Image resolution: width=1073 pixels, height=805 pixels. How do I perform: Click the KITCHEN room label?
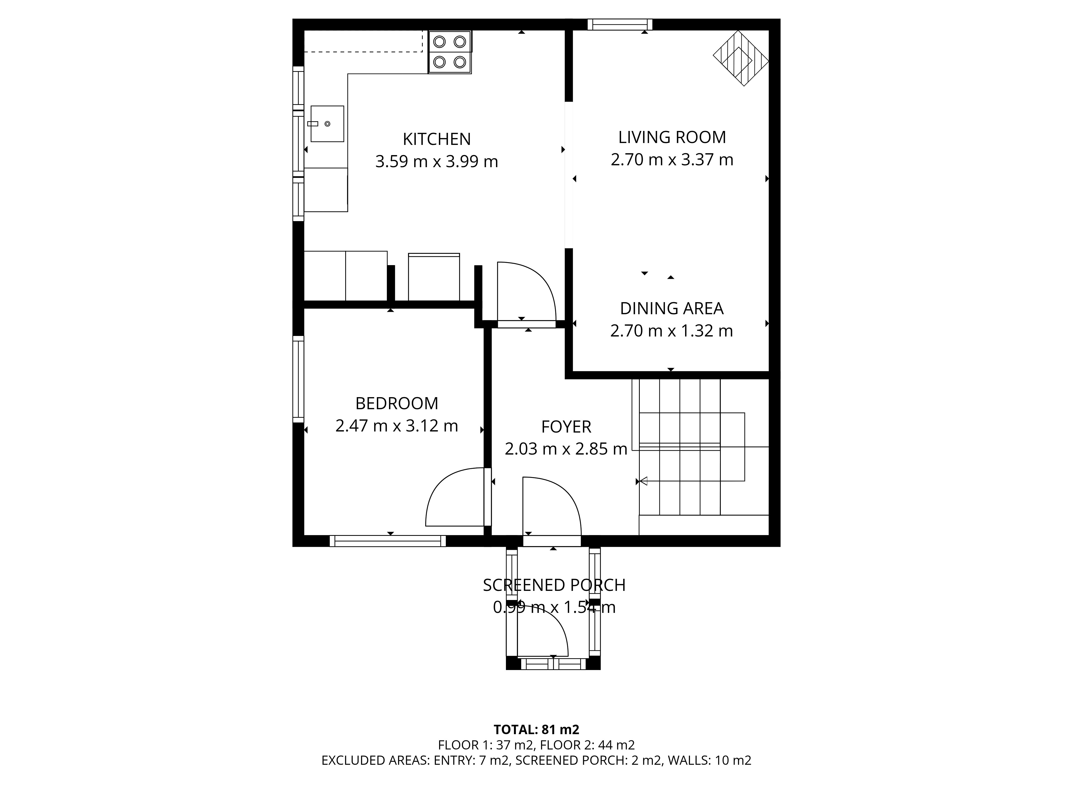(x=436, y=139)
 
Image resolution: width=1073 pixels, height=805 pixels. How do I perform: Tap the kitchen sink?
(x=327, y=124)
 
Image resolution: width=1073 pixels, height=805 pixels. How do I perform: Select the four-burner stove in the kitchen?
(x=450, y=52)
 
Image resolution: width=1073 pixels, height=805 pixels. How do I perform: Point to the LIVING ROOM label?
(x=672, y=137)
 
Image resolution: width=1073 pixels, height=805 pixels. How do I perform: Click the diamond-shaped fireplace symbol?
(x=741, y=58)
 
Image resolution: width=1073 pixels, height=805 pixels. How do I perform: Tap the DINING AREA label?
(x=672, y=309)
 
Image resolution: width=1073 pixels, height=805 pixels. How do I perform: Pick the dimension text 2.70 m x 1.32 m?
(x=671, y=331)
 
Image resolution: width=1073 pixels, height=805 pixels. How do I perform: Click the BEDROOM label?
(x=397, y=403)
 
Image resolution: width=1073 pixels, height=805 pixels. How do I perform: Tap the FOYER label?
(x=566, y=427)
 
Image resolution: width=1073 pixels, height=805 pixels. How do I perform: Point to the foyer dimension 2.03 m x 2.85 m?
(x=566, y=449)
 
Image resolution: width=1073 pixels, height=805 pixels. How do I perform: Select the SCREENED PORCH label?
(x=554, y=585)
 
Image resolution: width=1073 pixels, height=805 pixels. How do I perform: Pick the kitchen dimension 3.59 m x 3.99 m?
(x=436, y=162)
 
